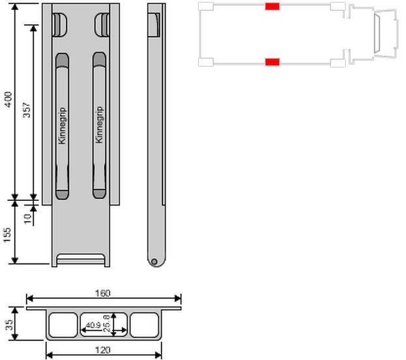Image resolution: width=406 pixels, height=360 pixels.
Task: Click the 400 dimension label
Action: [8, 100]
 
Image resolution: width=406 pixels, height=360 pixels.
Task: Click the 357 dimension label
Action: [27, 110]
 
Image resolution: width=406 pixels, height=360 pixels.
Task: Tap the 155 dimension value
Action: [8, 235]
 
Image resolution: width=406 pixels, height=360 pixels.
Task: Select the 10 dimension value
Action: [27, 218]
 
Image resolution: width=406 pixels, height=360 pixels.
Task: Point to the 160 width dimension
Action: [103, 293]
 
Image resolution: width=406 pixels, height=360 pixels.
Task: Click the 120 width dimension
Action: [103, 350]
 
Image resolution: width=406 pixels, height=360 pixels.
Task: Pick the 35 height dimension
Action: [9, 325]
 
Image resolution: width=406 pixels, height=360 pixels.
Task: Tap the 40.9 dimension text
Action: [93, 325]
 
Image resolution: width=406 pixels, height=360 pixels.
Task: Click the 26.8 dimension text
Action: [106, 323]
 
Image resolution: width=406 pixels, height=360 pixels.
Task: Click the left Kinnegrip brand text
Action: [62, 126]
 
